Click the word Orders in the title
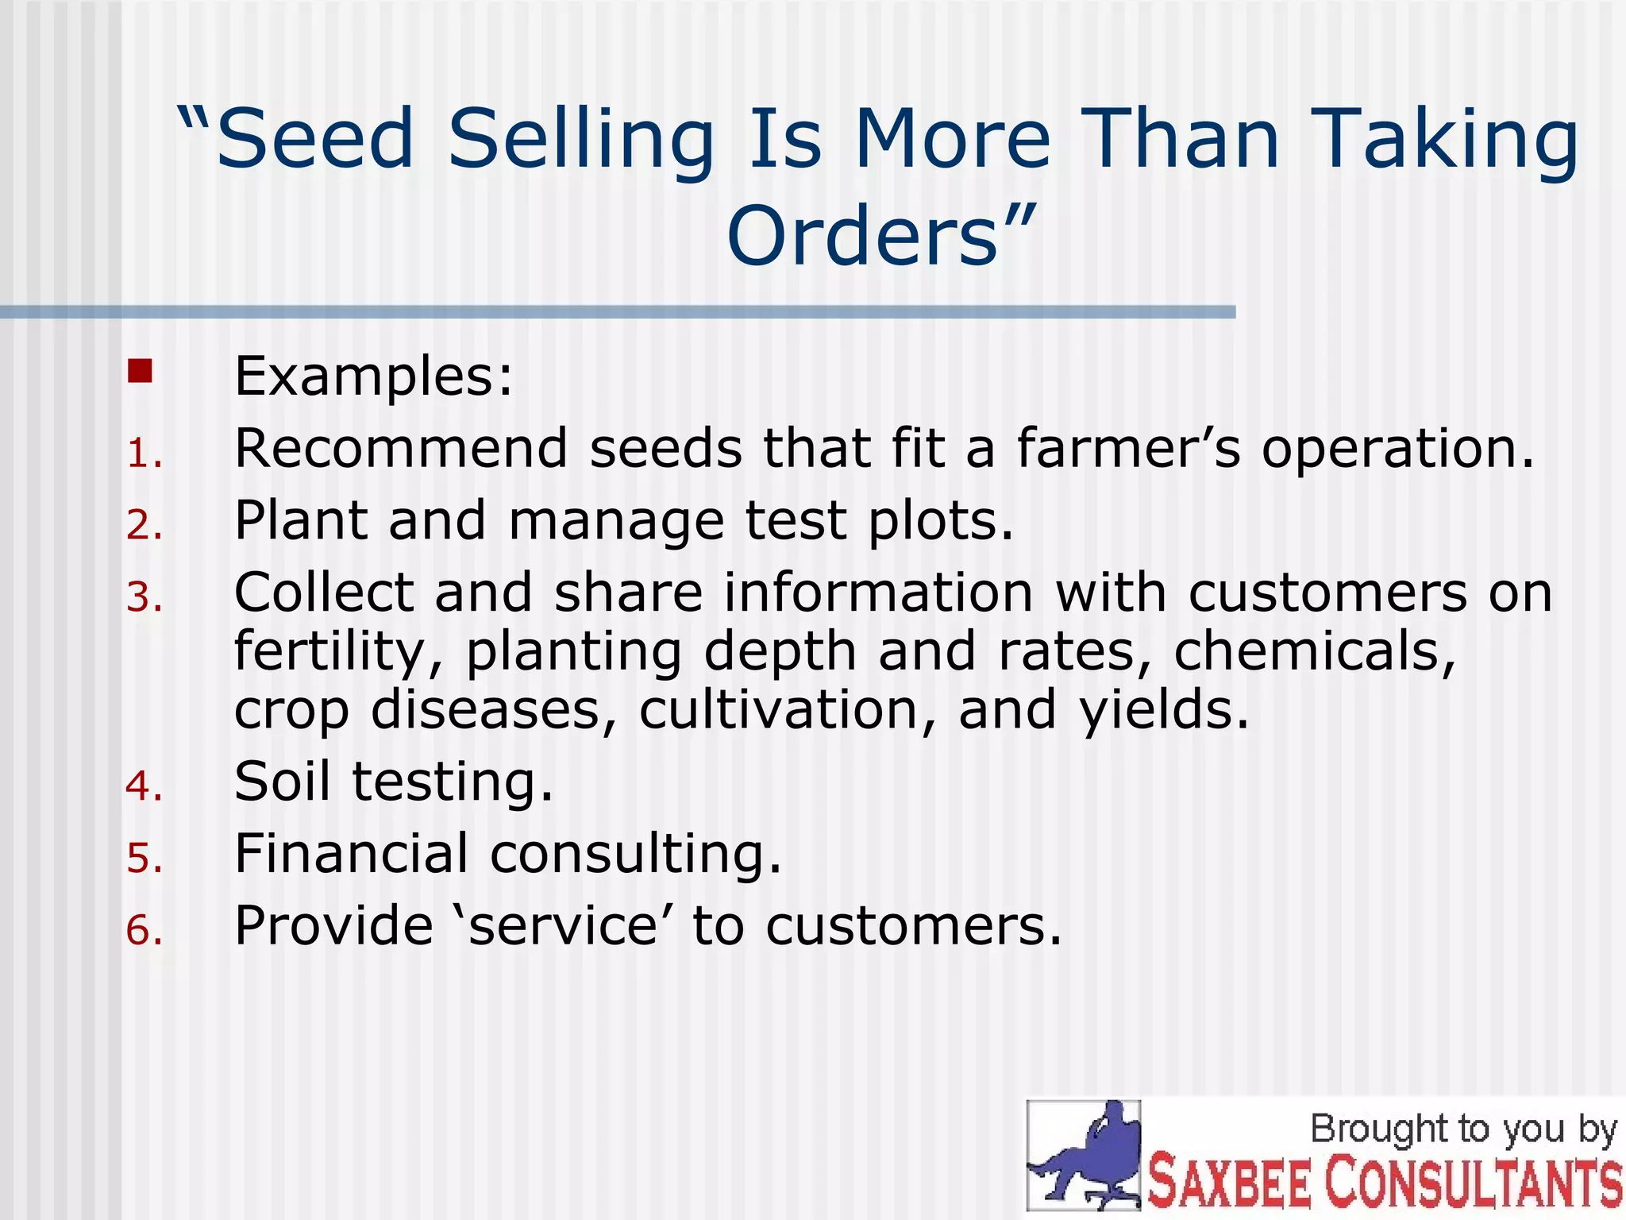tap(862, 237)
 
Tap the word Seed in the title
tap(314, 139)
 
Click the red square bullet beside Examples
tap(140, 372)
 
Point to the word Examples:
tap(374, 376)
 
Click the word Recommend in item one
tap(400, 449)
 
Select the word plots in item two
tap(940, 522)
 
